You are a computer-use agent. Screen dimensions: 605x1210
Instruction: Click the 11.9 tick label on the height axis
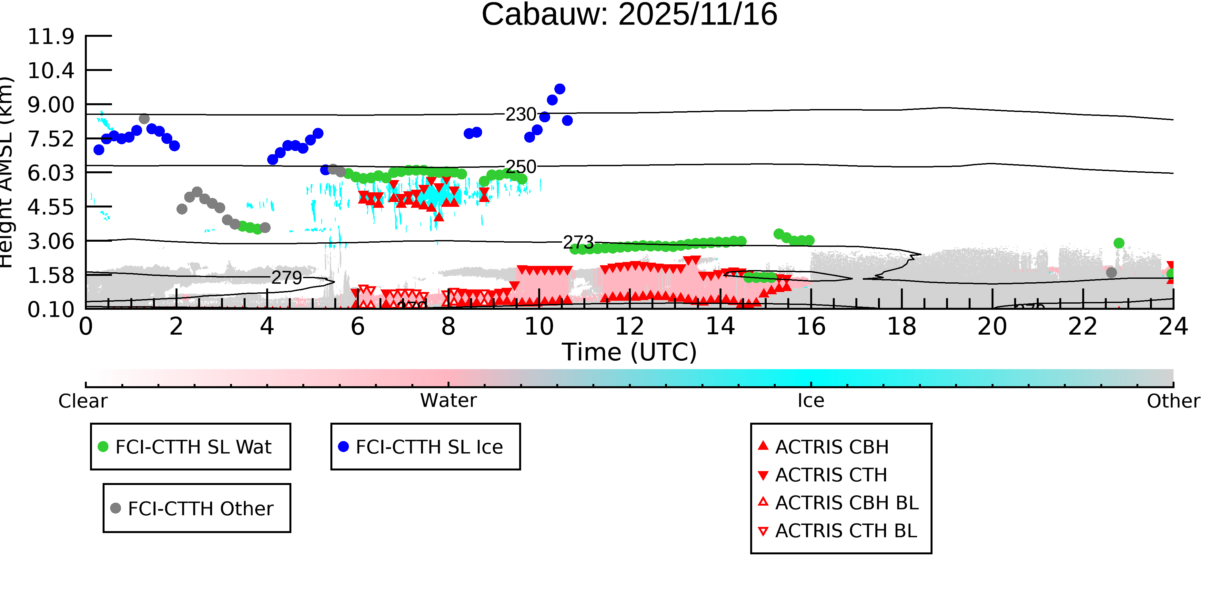coord(51,37)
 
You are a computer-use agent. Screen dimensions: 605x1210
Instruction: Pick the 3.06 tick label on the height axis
coord(51,241)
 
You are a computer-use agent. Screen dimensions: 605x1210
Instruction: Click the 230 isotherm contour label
coord(520,114)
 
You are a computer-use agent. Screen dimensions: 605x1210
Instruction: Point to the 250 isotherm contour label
coord(520,167)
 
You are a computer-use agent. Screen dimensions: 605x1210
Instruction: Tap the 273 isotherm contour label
coord(578,242)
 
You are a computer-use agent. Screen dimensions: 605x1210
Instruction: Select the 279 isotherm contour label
coord(287,277)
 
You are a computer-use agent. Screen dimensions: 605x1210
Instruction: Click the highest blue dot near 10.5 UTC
coord(560,89)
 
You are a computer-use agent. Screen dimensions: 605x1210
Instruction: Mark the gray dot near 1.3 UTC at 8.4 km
coord(144,119)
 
